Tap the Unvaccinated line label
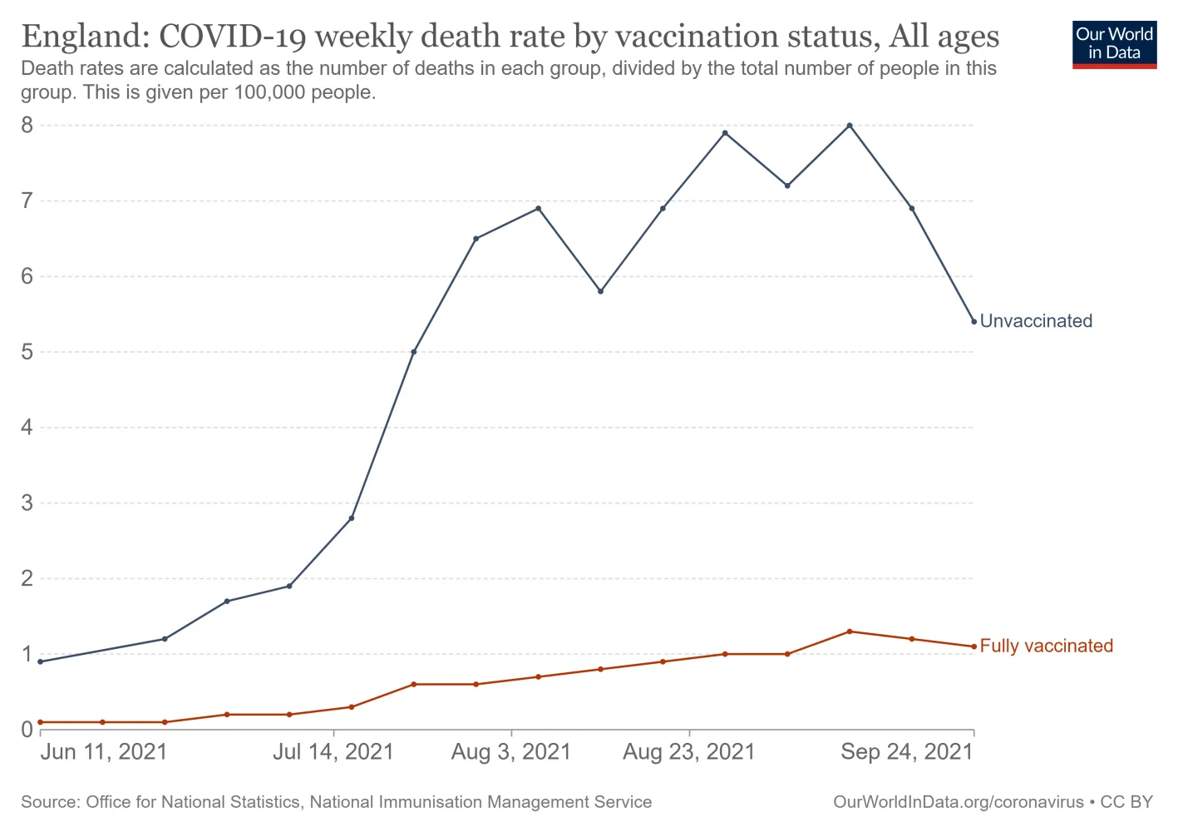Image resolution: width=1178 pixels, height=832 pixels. pyautogui.click(x=1036, y=321)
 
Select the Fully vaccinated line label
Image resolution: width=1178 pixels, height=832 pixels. pyautogui.click(x=1046, y=646)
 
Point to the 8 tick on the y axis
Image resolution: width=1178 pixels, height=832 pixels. pyautogui.click(x=27, y=126)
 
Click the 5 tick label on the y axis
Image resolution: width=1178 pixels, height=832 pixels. pyautogui.click(x=27, y=352)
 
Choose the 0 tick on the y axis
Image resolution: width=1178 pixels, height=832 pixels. pyautogui.click(x=27, y=730)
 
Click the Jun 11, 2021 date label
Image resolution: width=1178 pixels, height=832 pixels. pyautogui.click(x=104, y=752)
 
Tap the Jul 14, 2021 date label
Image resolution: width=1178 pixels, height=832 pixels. pyautogui.click(x=333, y=752)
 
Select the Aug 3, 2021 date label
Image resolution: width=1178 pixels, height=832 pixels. pyautogui.click(x=511, y=752)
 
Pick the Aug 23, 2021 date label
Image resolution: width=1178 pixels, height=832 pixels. pyautogui.click(x=689, y=752)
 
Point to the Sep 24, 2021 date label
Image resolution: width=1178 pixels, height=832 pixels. pyautogui.click(x=906, y=752)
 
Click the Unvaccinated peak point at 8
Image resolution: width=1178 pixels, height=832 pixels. pyautogui.click(x=850, y=126)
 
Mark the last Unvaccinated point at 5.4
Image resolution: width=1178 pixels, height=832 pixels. pyautogui.click(x=973, y=322)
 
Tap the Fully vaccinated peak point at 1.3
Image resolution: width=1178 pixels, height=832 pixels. pyautogui.click(x=850, y=631)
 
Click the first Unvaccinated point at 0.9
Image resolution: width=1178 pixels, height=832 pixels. pyautogui.click(x=40, y=661)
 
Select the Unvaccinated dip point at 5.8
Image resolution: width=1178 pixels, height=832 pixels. pyautogui.click(x=600, y=291)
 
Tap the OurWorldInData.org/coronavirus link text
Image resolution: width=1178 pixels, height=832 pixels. pyautogui.click(x=958, y=802)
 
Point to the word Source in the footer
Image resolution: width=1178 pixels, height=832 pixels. pyautogui.click(x=48, y=802)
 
